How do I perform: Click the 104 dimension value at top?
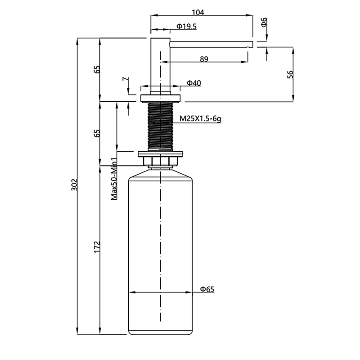coord(198,12)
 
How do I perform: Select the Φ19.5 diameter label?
coord(186,27)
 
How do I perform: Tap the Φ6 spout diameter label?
coord(264,22)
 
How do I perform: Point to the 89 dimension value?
coord(204,59)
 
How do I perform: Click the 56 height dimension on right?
coord(290,74)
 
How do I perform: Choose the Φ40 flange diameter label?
coord(194,83)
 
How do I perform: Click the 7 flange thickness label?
coord(126,79)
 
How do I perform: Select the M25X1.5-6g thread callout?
coord(200,119)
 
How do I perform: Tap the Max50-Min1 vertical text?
coord(114,179)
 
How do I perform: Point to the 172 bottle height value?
coord(97,247)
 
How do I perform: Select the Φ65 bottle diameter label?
coord(207,289)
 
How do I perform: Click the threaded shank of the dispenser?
coord(161,126)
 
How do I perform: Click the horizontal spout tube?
coord(211,44)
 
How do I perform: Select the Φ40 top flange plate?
coord(161,98)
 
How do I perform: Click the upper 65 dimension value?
coord(97,69)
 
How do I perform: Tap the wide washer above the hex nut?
coord(161,154)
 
